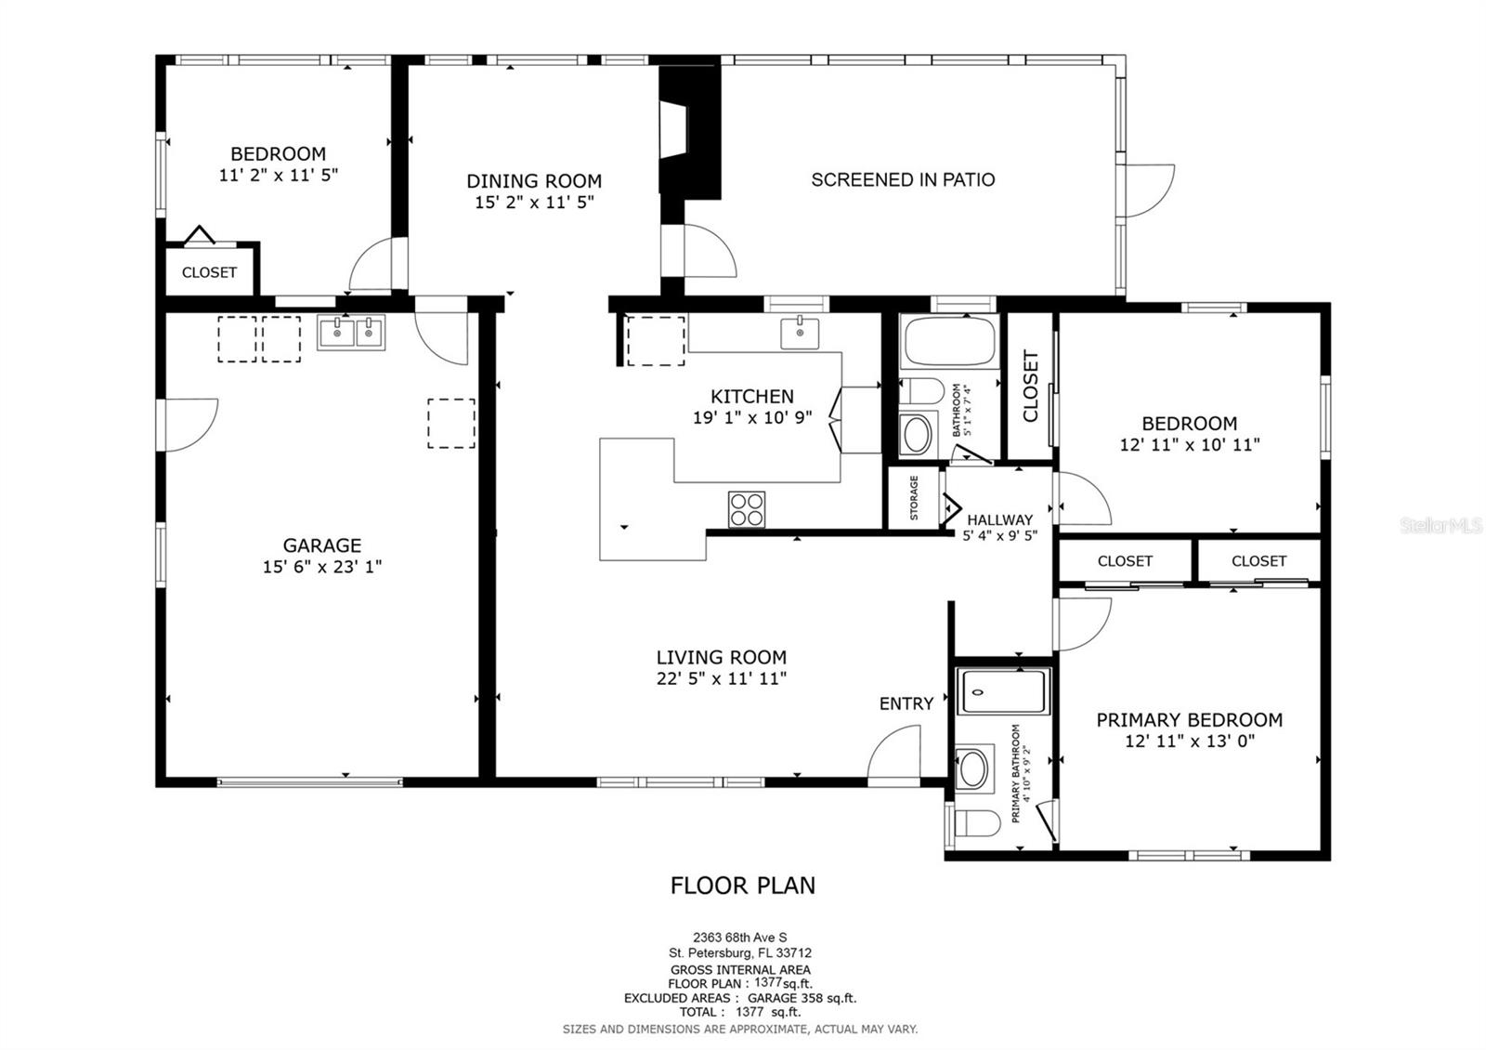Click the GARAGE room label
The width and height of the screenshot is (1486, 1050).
tap(322, 545)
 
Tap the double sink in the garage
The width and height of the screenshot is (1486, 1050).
tap(351, 333)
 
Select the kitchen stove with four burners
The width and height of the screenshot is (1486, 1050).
tap(747, 509)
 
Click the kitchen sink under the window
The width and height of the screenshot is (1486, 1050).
tap(799, 332)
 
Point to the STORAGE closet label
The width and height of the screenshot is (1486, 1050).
tap(914, 498)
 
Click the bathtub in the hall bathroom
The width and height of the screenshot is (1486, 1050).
tap(948, 342)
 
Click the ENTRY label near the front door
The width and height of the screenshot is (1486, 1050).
tap(906, 703)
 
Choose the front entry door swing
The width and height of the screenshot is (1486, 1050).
tap(894, 753)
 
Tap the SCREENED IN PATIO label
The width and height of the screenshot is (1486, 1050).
tap(903, 179)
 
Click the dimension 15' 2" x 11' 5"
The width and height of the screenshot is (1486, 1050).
tap(534, 202)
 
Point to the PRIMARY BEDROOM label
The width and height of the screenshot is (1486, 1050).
tap(1189, 719)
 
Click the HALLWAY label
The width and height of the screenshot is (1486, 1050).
tap(999, 519)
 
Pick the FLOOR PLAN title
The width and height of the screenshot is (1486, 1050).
tap(743, 885)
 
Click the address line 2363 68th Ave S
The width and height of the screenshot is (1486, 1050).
tap(740, 938)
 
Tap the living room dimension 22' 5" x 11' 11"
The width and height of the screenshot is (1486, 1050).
tap(721, 678)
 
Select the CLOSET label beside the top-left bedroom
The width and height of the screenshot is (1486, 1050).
tap(209, 272)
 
